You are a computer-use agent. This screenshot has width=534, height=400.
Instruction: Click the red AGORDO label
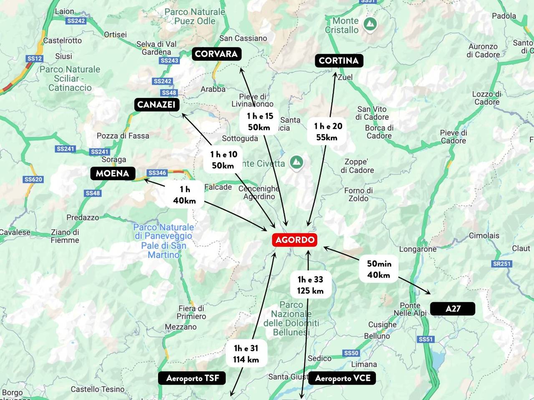click(x=295, y=240)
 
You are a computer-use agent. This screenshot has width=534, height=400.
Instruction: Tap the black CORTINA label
click(x=339, y=60)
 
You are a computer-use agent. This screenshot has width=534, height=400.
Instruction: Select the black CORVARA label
click(x=216, y=54)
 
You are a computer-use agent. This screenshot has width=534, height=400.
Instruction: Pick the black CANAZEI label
click(x=156, y=105)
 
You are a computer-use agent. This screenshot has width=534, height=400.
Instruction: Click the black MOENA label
click(x=113, y=173)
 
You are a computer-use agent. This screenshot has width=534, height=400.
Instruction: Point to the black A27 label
click(x=453, y=308)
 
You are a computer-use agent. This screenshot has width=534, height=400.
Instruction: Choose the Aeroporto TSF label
click(x=192, y=378)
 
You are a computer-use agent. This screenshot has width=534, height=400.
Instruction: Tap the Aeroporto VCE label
click(x=343, y=378)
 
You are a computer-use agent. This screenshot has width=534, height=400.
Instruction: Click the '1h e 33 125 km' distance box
click(x=310, y=285)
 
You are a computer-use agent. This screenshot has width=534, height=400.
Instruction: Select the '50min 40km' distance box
click(x=379, y=269)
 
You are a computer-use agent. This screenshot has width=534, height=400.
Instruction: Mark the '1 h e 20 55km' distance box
click(x=328, y=131)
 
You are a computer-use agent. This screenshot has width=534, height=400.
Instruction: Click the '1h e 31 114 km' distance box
click(x=246, y=354)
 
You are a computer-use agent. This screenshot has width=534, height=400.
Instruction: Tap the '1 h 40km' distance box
click(x=184, y=195)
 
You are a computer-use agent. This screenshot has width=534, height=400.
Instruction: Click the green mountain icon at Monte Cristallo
click(x=369, y=24)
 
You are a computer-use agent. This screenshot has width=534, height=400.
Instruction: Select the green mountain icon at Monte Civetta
click(x=296, y=162)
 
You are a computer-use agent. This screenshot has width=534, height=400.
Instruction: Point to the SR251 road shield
click(x=501, y=264)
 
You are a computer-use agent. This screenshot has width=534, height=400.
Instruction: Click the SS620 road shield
click(x=33, y=180)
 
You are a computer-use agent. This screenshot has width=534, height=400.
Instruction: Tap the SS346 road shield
click(x=157, y=172)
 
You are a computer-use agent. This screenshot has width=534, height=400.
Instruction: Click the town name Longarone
click(x=418, y=249)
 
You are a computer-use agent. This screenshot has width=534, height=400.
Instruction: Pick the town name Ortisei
click(x=115, y=35)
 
